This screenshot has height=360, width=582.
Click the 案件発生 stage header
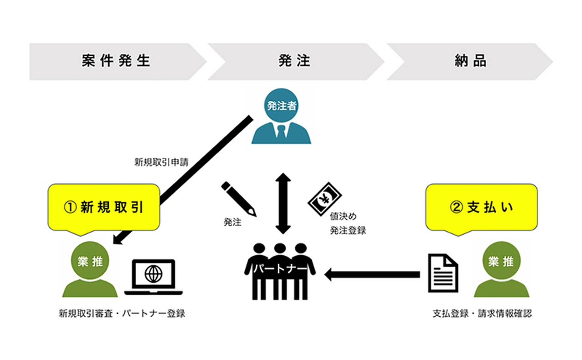click(116, 61)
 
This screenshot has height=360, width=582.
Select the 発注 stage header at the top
click(294, 61)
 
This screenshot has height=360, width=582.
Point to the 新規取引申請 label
click(161, 162)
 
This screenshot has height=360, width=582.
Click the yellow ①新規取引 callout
click(104, 207)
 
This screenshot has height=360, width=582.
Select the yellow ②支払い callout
click(481, 207)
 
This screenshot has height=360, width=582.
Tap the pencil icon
click(238, 198)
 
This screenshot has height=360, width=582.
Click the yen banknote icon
click(325, 199)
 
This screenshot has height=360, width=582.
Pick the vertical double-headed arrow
click(283, 204)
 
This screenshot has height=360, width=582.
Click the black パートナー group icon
click(280, 271)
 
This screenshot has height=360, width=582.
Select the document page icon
click(443, 273)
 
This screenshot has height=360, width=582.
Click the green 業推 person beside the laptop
click(90, 270)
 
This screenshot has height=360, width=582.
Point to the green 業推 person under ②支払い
click(501, 270)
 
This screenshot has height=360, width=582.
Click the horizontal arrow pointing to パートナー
click(372, 275)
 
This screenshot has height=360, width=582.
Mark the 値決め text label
click(343, 217)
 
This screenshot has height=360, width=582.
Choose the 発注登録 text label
click(348, 231)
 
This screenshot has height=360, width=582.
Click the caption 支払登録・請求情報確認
click(482, 314)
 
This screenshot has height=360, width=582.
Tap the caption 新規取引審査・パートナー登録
click(122, 314)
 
